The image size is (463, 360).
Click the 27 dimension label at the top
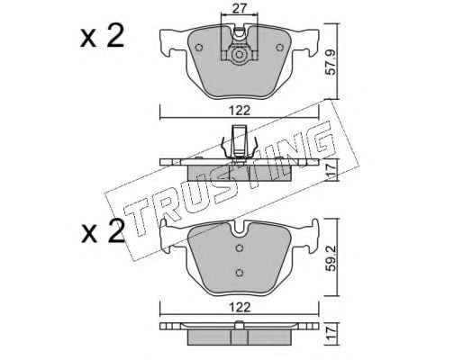coord(240,9)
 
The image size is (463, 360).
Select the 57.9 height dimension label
coord(331,62)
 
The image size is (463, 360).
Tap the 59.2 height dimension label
coord(331,258)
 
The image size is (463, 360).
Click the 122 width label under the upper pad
coord(240,111)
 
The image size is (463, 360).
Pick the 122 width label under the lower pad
coord(240,307)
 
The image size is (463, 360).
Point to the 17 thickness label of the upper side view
coord(331,170)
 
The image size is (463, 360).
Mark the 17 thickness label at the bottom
coord(331,333)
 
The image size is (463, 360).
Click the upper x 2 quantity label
coord(102,36)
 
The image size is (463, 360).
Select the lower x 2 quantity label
coord(103,231)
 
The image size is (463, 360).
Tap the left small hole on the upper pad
coord(198,48)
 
